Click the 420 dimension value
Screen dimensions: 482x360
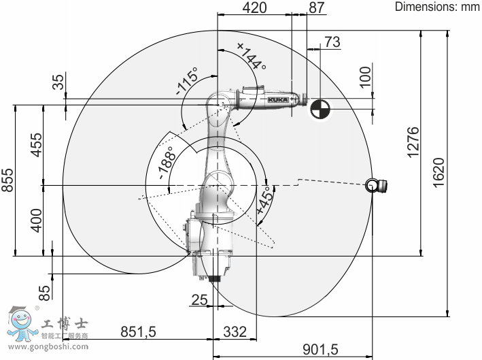click(x=254, y=7)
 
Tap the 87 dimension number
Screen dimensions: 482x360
click(x=317, y=7)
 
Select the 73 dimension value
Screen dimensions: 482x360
click(x=332, y=42)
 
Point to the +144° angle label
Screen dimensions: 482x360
click(x=252, y=56)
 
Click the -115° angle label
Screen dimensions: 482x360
click(x=186, y=82)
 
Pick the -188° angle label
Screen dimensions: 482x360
click(x=167, y=163)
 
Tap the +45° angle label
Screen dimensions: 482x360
click(x=265, y=200)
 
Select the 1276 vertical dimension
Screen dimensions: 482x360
click(x=413, y=142)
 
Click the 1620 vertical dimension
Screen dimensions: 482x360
click(x=438, y=172)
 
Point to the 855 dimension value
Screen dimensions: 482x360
click(x=7, y=180)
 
